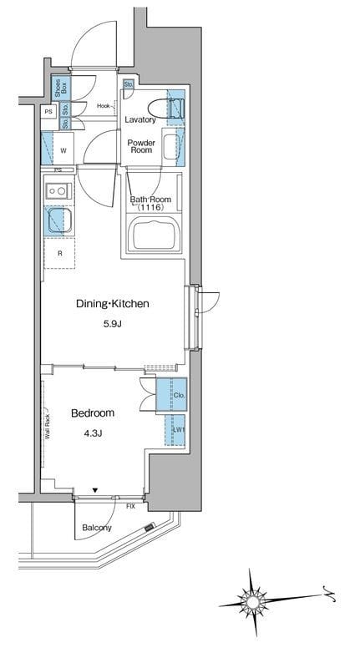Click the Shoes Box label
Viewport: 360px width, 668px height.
point(61,87)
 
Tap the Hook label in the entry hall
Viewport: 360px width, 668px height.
point(104,106)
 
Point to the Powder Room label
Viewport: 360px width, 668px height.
point(141,146)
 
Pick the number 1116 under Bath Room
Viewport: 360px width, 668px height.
point(150,207)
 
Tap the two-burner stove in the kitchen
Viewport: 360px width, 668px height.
point(58,190)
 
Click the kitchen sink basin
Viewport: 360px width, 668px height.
point(58,220)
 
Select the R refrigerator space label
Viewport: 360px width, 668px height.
point(60,253)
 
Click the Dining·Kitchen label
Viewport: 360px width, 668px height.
point(113,304)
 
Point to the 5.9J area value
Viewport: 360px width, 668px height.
point(112,325)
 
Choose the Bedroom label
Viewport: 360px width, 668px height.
point(93,413)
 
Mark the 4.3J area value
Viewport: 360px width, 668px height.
point(93,433)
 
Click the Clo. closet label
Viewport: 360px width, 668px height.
point(179,396)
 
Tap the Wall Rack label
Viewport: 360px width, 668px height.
point(48,427)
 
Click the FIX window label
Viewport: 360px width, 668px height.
point(130,507)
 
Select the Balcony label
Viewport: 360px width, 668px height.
point(97,528)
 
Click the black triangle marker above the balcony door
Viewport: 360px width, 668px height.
point(95,491)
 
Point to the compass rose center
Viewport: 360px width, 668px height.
point(252,602)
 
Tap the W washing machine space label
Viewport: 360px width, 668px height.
point(63,150)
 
